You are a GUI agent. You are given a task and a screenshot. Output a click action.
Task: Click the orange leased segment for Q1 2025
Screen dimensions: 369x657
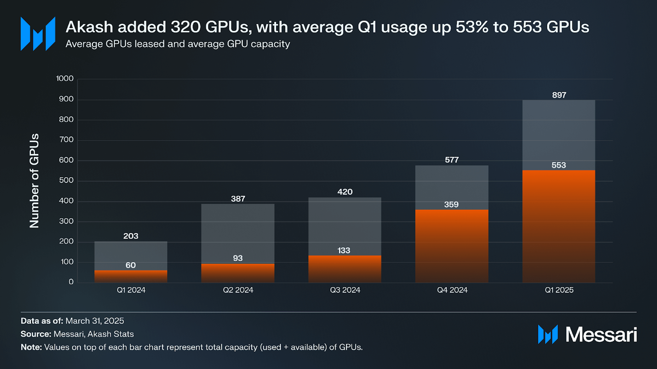point(559,227)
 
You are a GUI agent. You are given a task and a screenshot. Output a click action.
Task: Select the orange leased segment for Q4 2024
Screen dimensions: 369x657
point(451,246)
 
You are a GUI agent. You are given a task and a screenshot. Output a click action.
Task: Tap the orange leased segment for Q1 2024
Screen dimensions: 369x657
point(131,277)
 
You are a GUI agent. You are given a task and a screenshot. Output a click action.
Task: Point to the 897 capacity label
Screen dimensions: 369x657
point(559,95)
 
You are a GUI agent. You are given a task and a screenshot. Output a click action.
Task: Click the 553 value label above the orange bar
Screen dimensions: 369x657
point(559,165)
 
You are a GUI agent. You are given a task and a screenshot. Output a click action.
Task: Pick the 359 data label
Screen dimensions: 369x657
point(451,205)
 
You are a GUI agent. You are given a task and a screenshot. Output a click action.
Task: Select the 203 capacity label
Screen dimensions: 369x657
point(131,236)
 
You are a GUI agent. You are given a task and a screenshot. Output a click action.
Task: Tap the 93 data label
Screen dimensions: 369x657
point(238,258)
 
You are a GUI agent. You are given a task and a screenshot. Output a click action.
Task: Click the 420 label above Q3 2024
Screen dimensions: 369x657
point(345,192)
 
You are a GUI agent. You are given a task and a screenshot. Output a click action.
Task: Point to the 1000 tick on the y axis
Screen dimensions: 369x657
point(65,79)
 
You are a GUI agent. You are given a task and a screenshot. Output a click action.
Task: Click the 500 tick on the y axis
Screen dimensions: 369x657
point(66,180)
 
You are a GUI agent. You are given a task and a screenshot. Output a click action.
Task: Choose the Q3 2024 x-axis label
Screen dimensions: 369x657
point(345,290)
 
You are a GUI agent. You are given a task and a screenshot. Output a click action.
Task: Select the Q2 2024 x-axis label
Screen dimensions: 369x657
point(238,290)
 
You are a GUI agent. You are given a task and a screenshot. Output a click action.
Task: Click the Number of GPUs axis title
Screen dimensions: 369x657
point(34,181)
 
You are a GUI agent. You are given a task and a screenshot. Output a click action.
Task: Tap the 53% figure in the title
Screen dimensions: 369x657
point(472,27)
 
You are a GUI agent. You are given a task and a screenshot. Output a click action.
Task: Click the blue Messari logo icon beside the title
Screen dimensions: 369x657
point(38,34)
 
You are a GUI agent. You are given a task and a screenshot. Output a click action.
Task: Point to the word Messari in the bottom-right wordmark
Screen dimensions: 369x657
point(601,334)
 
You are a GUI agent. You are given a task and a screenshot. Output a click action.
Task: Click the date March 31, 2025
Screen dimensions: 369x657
point(95,321)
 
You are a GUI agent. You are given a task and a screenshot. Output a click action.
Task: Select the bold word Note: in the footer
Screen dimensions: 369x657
point(31,347)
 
